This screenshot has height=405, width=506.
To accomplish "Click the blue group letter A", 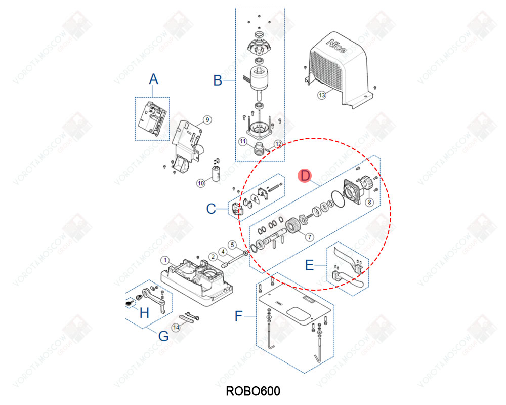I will click(153, 79).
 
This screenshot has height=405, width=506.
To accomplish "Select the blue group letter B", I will click(217, 80).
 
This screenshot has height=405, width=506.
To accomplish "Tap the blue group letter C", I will click(212, 208).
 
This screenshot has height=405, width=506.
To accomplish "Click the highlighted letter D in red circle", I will click(305, 176).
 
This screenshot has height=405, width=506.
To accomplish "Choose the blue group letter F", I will click(239, 317).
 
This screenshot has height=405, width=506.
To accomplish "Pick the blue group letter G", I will click(163, 336).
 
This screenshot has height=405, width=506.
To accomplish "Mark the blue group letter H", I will click(144, 313).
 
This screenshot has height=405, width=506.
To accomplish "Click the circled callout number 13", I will click(321, 95).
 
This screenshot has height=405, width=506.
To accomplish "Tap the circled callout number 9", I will click(206, 120).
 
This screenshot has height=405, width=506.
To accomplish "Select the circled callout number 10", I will click(201, 183).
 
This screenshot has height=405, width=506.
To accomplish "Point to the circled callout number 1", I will click(164, 259).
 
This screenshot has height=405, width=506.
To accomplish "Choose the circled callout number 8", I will click(369, 201).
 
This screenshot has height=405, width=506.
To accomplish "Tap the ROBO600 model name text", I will click(252, 391).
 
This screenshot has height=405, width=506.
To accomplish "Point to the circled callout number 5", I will click(232, 244).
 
